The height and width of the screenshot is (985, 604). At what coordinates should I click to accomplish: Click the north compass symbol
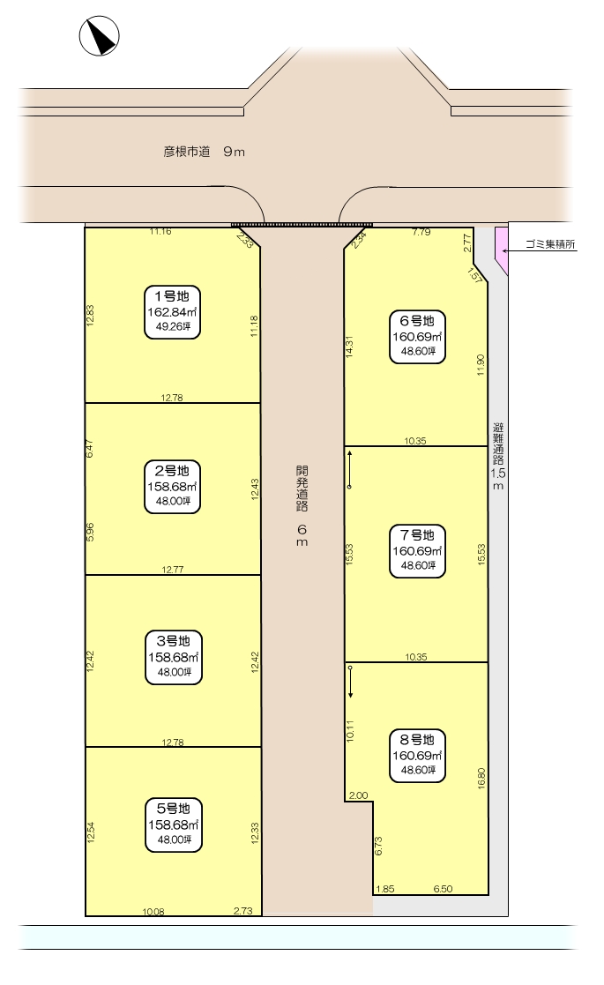click(x=100, y=36)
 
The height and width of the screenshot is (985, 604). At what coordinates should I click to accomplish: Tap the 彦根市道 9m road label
click(x=204, y=152)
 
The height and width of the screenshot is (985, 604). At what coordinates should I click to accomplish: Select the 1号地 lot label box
click(x=173, y=312)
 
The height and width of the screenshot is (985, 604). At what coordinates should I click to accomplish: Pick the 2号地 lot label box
click(x=173, y=487)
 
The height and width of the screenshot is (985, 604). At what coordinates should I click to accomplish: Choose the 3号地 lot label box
click(x=174, y=657)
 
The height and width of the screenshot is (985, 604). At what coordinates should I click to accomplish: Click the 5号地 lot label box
click(x=174, y=825)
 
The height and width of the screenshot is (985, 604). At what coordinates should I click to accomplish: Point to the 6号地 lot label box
click(x=418, y=337)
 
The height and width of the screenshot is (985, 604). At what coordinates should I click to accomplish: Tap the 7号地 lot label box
click(x=418, y=551)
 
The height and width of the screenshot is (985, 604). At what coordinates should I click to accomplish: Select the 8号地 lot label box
click(x=418, y=756)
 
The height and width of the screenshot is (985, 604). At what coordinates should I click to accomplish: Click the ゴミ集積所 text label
click(x=550, y=244)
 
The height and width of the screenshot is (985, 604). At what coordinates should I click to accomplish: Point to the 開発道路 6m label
click(x=302, y=505)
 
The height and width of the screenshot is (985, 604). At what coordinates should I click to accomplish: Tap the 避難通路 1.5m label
click(x=498, y=456)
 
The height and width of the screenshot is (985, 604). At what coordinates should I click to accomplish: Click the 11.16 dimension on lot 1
click(x=160, y=231)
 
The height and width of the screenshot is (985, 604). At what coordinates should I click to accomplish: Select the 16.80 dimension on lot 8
click(x=481, y=778)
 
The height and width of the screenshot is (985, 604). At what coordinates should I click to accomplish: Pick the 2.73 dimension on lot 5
click(x=243, y=911)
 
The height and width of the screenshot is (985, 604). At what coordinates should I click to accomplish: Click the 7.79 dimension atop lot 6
click(x=421, y=232)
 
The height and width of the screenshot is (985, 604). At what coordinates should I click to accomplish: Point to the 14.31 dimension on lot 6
click(x=349, y=347)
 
